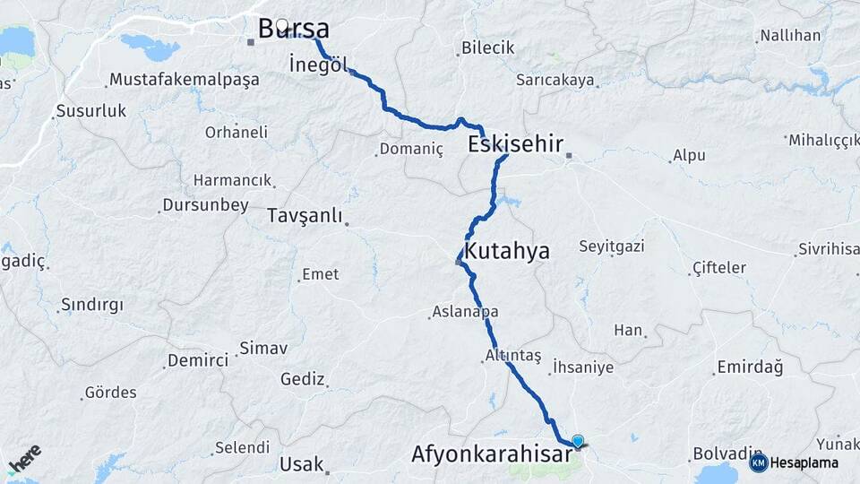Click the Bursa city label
point(294,29)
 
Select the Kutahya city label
point(506,251)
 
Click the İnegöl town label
point(318,65)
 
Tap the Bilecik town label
point(488,48)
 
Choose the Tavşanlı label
point(305,216)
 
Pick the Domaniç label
point(411,149)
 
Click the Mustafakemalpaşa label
point(184,80)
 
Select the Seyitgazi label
point(612,246)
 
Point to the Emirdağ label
point(750,367)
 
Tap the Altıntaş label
point(512,355)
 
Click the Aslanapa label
point(465,312)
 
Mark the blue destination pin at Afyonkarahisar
point(578,440)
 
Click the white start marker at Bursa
point(282,25)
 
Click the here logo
point(25,458)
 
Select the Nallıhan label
point(789,37)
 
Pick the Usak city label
point(300,464)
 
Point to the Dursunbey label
point(205,205)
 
